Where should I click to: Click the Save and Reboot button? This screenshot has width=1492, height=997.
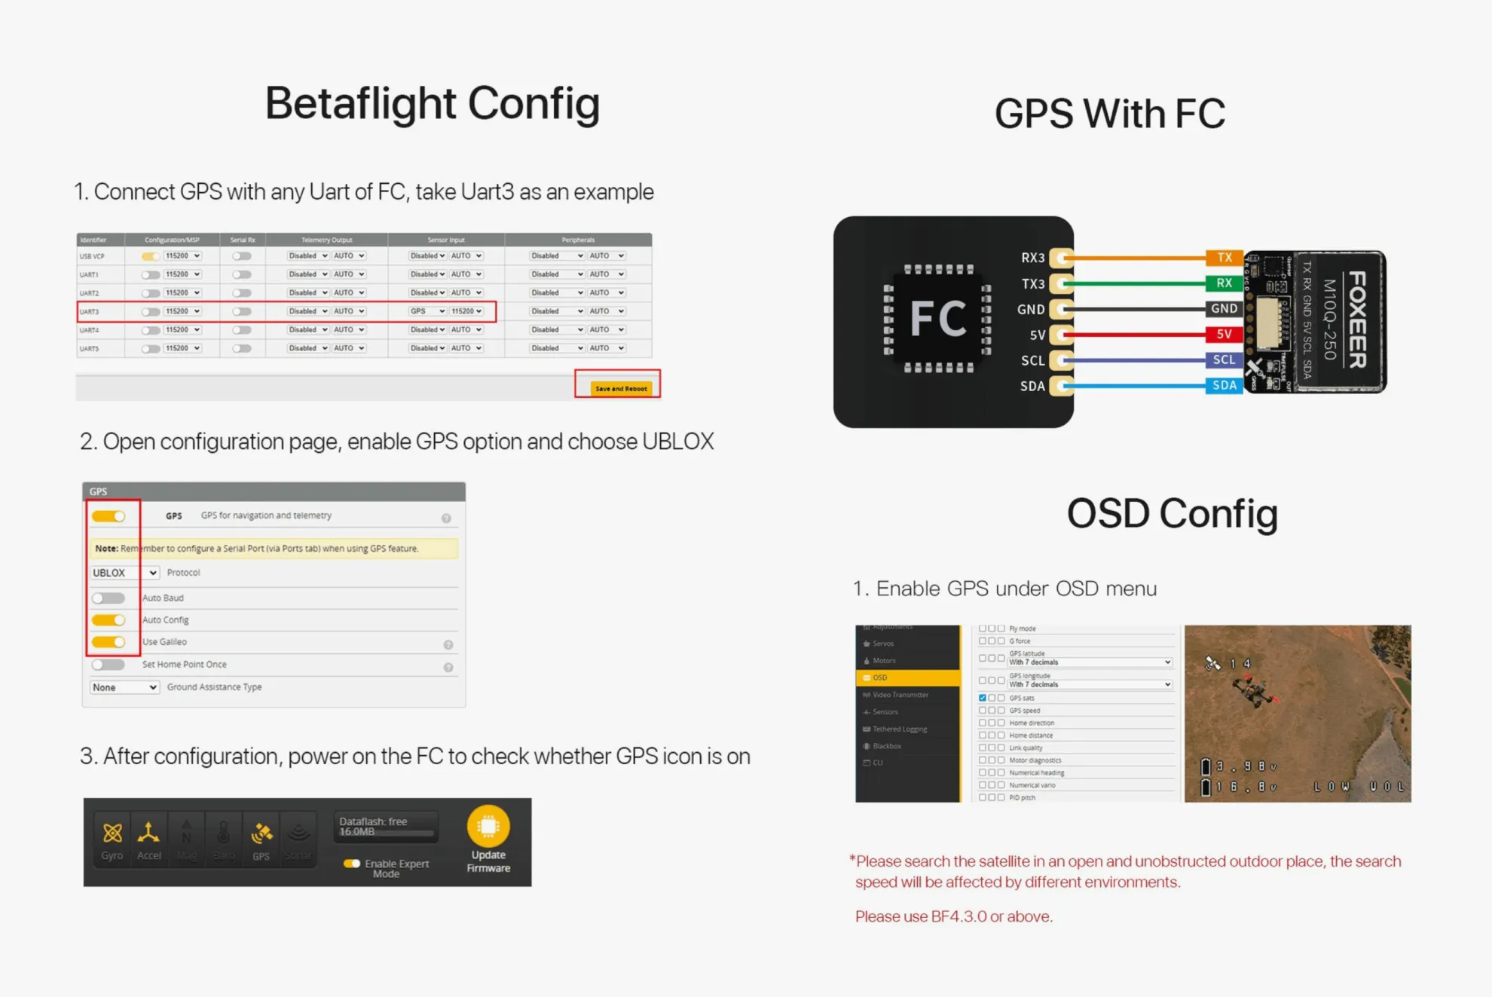(620, 388)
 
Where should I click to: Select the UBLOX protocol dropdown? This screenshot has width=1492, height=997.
(124, 573)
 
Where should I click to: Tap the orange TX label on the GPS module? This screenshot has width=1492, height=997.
(1224, 258)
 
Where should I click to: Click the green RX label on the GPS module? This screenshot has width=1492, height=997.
(1224, 283)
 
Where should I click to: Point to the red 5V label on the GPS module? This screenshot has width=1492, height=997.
(1224, 334)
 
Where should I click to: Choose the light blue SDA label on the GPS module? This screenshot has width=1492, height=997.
(1224, 385)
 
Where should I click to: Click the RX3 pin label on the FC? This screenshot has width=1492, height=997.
(1032, 258)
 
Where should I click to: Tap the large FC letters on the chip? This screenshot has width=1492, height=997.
(938, 318)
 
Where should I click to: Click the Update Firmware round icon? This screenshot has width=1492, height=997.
(488, 827)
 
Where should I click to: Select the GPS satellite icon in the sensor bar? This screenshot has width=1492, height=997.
(261, 834)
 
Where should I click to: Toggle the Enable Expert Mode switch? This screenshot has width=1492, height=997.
(352, 864)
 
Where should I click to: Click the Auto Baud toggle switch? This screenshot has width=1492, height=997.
(109, 598)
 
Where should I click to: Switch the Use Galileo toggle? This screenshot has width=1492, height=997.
(109, 642)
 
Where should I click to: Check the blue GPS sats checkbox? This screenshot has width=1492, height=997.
(983, 698)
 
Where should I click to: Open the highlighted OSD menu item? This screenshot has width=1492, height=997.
(908, 677)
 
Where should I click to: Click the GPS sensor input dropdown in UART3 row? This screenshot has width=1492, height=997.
(427, 311)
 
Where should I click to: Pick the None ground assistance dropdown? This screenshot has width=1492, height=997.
(124, 687)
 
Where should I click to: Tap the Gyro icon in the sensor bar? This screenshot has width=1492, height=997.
(112, 833)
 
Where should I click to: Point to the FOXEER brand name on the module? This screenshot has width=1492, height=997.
(1356, 320)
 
